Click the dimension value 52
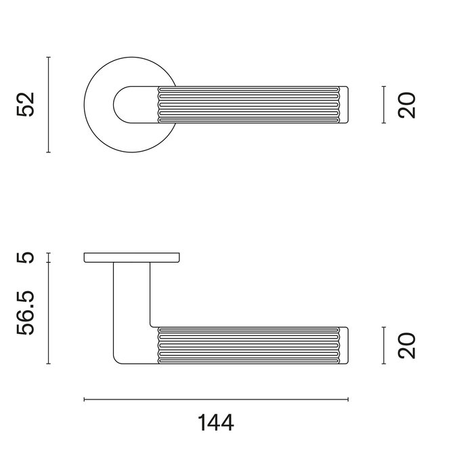25,105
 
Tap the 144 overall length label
216,423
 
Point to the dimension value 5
25,257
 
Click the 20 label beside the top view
406,105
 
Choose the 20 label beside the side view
406,345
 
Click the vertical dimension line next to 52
49,105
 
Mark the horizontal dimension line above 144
216,400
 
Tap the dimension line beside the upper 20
384,105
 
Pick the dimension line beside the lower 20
384,345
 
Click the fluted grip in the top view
247,105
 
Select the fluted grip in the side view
247,345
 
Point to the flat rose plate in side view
132,257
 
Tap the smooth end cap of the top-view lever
343,105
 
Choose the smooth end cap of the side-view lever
343,345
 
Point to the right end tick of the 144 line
347,400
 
